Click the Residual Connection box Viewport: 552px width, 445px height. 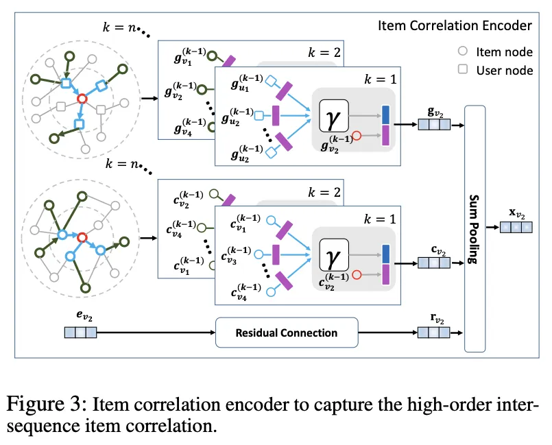pos(287,333)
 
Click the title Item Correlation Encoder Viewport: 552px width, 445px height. pos(455,26)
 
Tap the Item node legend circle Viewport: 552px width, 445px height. pos(462,50)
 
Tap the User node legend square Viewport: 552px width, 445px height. pos(462,70)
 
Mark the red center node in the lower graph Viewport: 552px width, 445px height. pos(82,237)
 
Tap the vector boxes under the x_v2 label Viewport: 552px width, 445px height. pos(516,227)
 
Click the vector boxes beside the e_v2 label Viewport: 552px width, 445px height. pos(80,333)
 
